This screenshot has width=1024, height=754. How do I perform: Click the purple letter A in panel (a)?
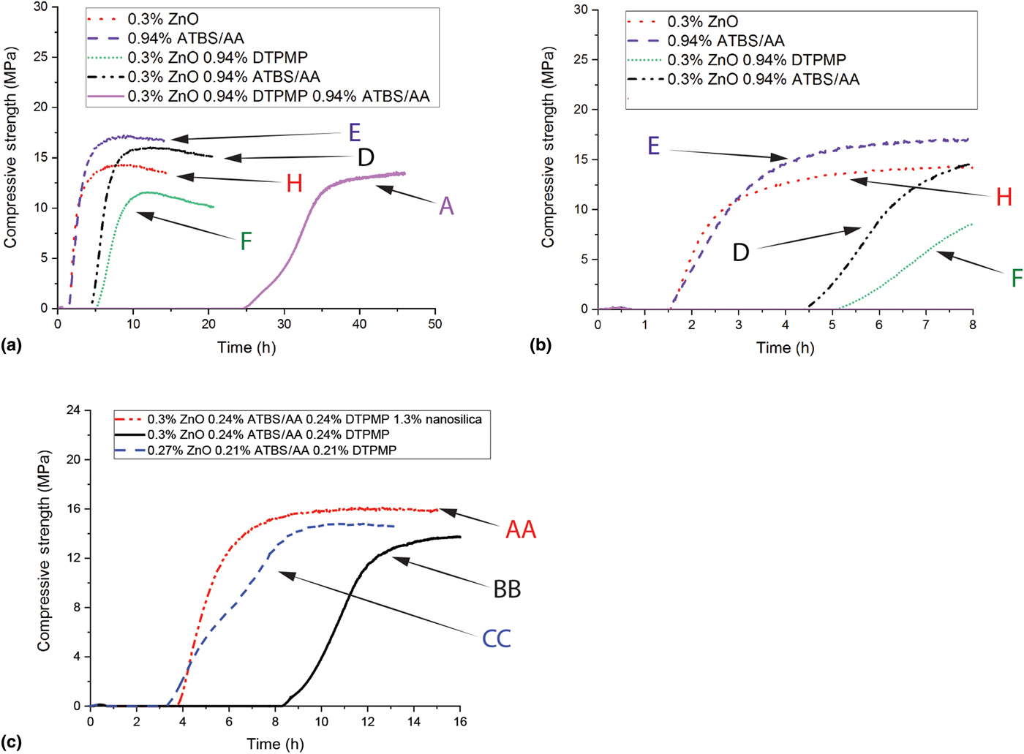pyautogui.click(x=446, y=207)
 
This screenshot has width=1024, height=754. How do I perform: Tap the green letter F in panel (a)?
pyautogui.click(x=246, y=241)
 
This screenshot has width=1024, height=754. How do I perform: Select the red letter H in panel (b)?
pyautogui.click(x=1004, y=197)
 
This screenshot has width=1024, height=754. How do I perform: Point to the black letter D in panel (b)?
pyautogui.click(x=741, y=253)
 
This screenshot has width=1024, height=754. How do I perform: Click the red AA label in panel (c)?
pyautogui.click(x=521, y=529)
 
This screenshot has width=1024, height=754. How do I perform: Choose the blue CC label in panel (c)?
pyautogui.click(x=497, y=638)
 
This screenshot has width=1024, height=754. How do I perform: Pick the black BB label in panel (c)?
pyautogui.click(x=506, y=589)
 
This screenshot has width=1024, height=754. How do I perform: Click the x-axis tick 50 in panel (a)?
pyautogui.click(x=435, y=324)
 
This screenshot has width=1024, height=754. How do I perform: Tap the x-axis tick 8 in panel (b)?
pyautogui.click(x=972, y=325)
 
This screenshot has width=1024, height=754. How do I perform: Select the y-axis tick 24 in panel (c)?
pyautogui.click(x=73, y=410)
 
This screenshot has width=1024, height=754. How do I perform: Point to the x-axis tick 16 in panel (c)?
pyautogui.click(x=459, y=722)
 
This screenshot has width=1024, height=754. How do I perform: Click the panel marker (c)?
pyautogui.click(x=12, y=742)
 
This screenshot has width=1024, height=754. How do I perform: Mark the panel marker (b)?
pyautogui.click(x=540, y=345)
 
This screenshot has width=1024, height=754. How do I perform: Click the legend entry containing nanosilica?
pyautogui.click(x=315, y=419)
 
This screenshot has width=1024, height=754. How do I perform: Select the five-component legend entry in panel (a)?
pyautogui.click(x=278, y=96)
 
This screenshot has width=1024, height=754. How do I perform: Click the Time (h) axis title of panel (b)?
pyautogui.click(x=785, y=347)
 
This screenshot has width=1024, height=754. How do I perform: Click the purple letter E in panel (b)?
pyautogui.click(x=653, y=146)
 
